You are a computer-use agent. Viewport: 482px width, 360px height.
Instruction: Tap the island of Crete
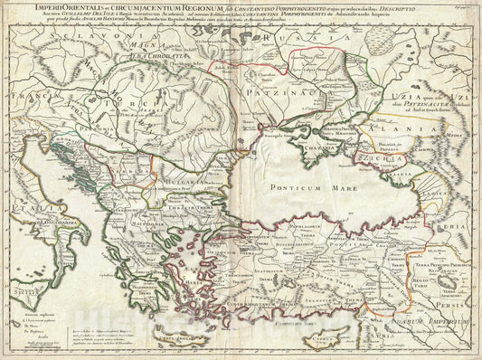click(230, 327)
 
